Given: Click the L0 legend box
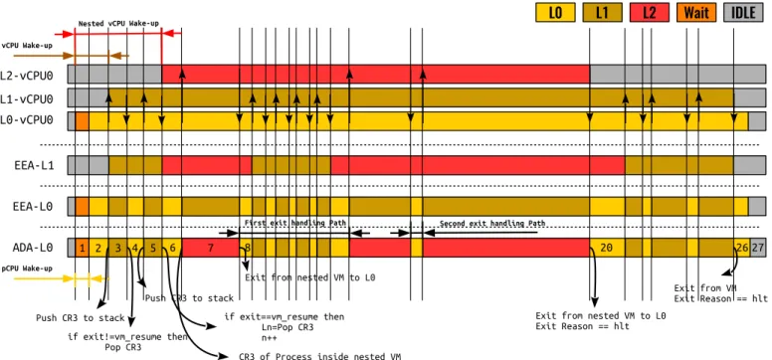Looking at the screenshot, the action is (555, 12).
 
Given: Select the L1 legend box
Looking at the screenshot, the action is (602, 12).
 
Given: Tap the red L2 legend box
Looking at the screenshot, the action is (650, 12).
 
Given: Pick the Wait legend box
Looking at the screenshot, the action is (696, 12).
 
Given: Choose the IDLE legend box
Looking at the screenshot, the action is (744, 12).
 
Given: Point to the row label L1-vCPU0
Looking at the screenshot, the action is (27, 99).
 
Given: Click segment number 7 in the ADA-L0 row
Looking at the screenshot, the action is (210, 248).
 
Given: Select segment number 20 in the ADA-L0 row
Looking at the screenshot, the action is (607, 248).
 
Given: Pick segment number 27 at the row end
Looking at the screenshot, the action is (758, 248).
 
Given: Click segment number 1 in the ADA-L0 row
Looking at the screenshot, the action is (82, 248).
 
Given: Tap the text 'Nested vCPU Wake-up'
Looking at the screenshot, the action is (118, 23).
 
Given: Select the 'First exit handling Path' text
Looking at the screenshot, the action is (295, 223).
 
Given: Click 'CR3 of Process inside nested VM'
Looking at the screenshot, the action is (319, 356).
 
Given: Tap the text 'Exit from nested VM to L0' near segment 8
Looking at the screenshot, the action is (310, 277).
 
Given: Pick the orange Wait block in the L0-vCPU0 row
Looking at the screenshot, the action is (82, 121).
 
